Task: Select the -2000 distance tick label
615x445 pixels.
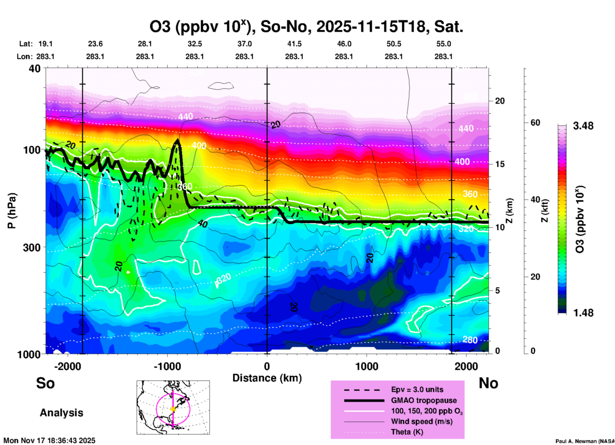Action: click(x=67, y=366)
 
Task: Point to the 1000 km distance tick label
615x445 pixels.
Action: click(x=367, y=366)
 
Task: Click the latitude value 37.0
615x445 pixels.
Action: click(x=245, y=44)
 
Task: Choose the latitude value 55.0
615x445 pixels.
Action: click(x=444, y=44)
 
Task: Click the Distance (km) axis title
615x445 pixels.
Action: click(x=267, y=378)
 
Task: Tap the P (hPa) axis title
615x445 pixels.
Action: click(x=12, y=211)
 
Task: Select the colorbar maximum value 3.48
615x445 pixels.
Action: click(x=583, y=126)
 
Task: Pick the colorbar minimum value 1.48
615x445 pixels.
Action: click(x=583, y=313)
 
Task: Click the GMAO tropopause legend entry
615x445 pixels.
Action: click(x=424, y=400)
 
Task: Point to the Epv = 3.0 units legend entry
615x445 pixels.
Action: click(x=417, y=389)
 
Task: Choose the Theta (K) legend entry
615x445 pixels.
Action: click(x=407, y=432)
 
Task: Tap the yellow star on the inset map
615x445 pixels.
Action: click(x=173, y=409)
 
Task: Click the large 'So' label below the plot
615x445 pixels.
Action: click(x=45, y=383)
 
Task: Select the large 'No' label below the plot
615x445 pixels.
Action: click(x=489, y=383)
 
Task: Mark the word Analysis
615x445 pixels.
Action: click(x=61, y=413)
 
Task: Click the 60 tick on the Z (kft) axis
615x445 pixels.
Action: click(x=535, y=123)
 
